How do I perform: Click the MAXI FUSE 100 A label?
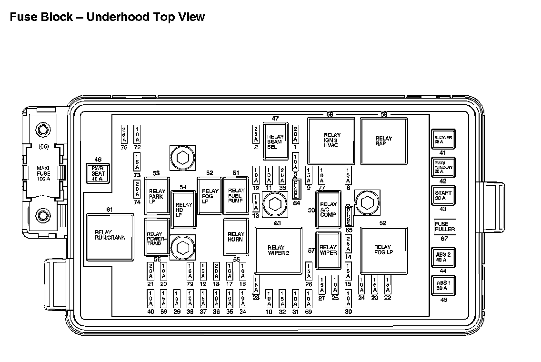point(43,173)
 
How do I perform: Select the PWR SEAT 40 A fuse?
point(98,174)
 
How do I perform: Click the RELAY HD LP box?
point(184,209)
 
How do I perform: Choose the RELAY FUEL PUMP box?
point(236,195)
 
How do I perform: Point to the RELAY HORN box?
point(236,236)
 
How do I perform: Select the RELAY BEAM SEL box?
point(275,141)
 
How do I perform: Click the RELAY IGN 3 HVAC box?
point(331,141)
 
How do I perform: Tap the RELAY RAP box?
point(384,141)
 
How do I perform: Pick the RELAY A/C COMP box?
point(328,210)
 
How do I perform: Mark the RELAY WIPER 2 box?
point(279,251)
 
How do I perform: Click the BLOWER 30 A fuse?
point(443,140)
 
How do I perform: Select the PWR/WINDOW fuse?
point(443,167)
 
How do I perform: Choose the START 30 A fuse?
point(443,195)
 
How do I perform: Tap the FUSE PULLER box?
point(445,227)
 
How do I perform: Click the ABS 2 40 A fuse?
point(443,257)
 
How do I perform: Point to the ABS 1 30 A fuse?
point(443,285)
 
